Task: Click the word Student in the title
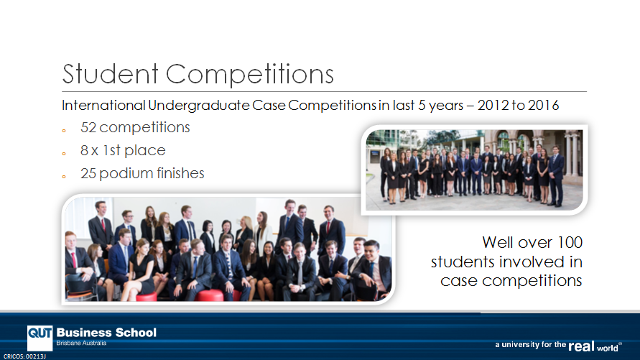pyautogui.click(x=110, y=74)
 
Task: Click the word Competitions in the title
pyautogui.click(x=250, y=74)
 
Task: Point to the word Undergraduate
pyautogui.click(x=199, y=106)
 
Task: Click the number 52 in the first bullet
pyautogui.click(x=88, y=127)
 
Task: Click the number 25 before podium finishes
pyautogui.click(x=88, y=173)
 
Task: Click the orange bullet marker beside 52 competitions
pyautogui.click(x=64, y=131)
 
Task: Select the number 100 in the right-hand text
pyautogui.click(x=570, y=242)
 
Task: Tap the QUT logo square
pyautogui.click(x=40, y=338)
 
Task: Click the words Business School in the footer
pyautogui.click(x=106, y=333)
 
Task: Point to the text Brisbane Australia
pyautogui.click(x=81, y=343)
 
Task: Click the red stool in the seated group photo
pyautogui.click(x=209, y=295)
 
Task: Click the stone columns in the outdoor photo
pyautogui.click(x=570, y=151)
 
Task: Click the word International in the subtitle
pyautogui.click(x=103, y=106)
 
